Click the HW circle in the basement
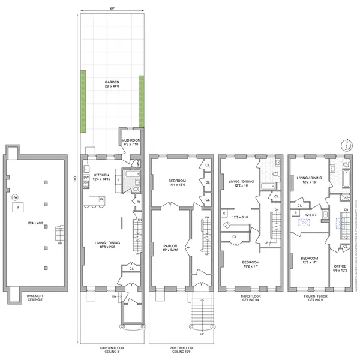(15, 197)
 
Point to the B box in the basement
(18, 208)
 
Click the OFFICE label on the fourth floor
(340, 268)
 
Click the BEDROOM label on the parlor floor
(178, 181)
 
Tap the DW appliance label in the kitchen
(86, 178)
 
